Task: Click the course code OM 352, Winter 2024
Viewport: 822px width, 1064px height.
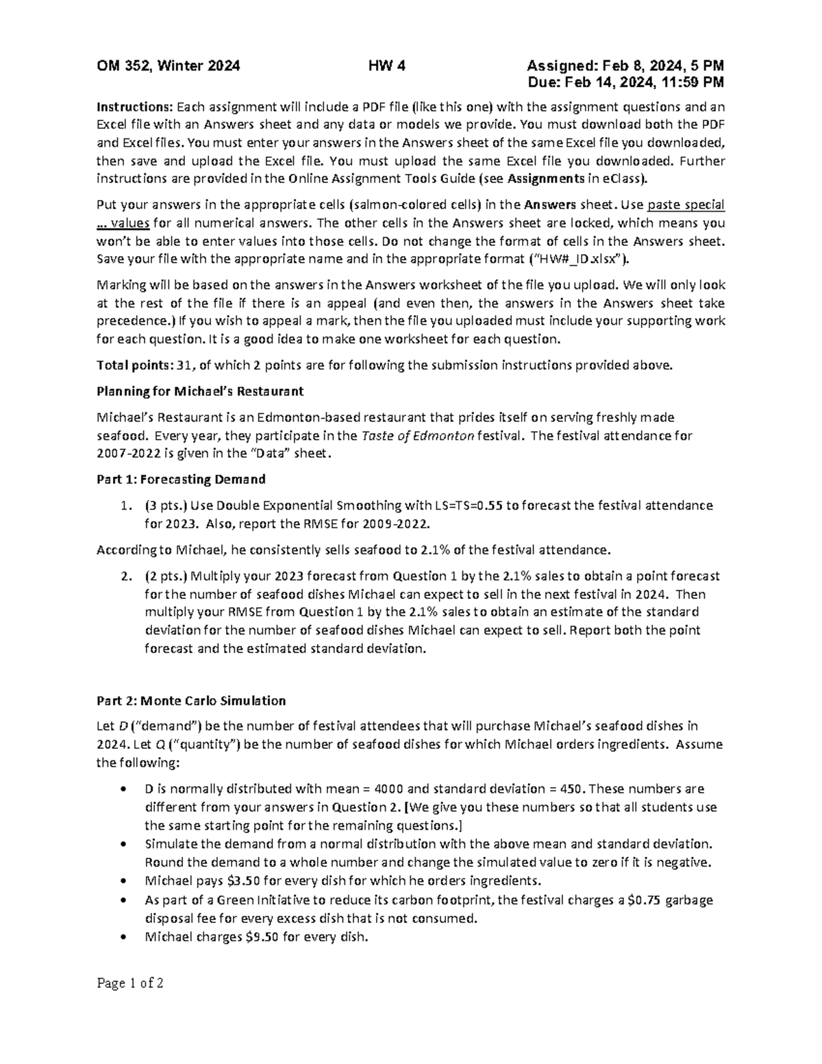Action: [168, 66]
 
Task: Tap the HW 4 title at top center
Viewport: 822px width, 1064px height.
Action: [387, 66]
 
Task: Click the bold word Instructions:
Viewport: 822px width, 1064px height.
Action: [135, 107]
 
